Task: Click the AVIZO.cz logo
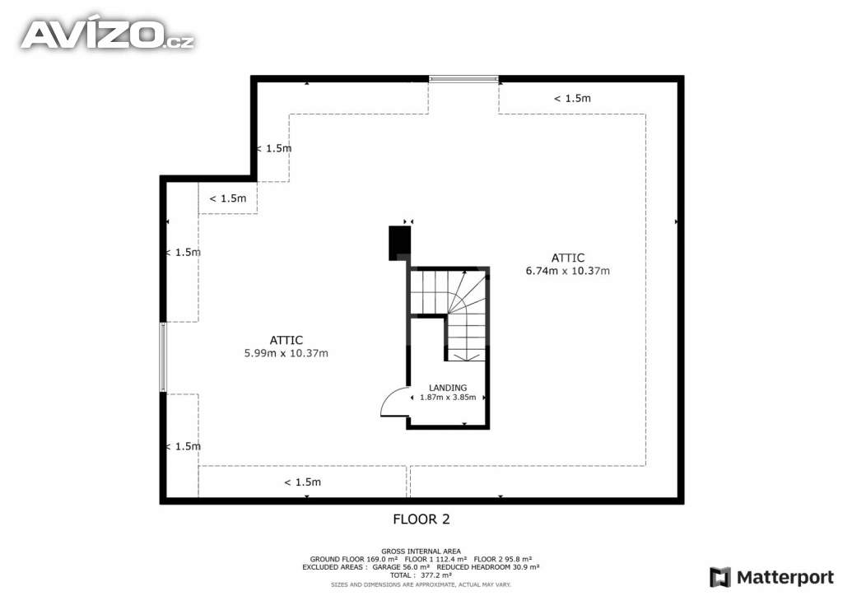click(107, 34)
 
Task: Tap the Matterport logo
click(772, 576)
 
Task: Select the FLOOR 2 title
click(421, 519)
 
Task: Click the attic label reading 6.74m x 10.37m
click(567, 264)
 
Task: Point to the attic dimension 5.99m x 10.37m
click(286, 347)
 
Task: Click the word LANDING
click(448, 388)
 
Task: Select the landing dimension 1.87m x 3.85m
click(449, 397)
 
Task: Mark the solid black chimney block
click(399, 242)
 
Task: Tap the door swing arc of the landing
click(393, 403)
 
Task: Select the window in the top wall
click(463, 79)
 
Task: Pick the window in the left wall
click(163, 356)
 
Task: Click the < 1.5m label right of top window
click(572, 98)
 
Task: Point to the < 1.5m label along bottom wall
click(302, 482)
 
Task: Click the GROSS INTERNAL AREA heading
click(421, 552)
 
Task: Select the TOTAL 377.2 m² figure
click(421, 575)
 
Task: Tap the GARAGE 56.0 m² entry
click(400, 567)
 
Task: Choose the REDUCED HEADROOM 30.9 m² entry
click(488, 567)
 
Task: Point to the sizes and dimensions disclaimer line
click(421, 584)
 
